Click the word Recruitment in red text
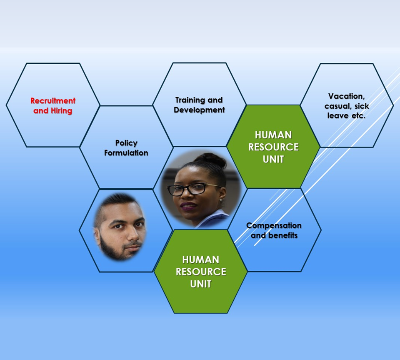pyautogui.click(x=53, y=101)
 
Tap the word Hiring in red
pyautogui.click(x=62, y=111)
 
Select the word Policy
pyautogui.click(x=126, y=143)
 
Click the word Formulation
pyautogui.click(x=126, y=153)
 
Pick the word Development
pyautogui.click(x=199, y=110)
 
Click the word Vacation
pyautogui.click(x=346, y=96)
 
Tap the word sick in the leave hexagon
pyautogui.click(x=362, y=106)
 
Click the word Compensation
pyautogui.click(x=274, y=225)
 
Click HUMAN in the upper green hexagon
pyautogui.click(x=273, y=135)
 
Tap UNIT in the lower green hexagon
pyautogui.click(x=201, y=284)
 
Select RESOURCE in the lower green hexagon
pyautogui.click(x=201, y=272)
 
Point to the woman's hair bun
pyautogui.click(x=214, y=160)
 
